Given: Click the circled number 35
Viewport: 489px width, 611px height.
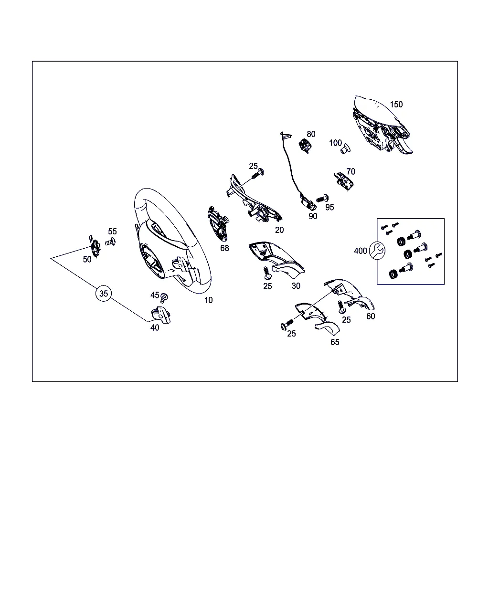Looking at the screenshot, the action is click(x=104, y=293).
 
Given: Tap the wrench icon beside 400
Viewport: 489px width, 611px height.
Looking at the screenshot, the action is click(x=377, y=251).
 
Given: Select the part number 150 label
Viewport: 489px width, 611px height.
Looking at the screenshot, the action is click(x=396, y=105).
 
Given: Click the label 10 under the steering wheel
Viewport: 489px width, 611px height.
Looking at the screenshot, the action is click(x=208, y=300).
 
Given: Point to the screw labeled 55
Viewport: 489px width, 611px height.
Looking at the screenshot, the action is click(x=110, y=242).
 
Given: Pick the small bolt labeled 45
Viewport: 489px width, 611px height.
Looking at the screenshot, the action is click(x=164, y=298).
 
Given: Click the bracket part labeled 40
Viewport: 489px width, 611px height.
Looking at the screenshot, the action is click(x=161, y=315).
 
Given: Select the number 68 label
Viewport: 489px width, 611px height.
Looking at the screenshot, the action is click(x=224, y=248).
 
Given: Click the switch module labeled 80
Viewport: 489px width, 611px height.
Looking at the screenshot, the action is click(x=306, y=146).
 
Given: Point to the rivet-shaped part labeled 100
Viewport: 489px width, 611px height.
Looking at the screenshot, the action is click(x=346, y=148).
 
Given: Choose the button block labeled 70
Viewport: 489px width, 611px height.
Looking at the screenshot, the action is click(x=343, y=181).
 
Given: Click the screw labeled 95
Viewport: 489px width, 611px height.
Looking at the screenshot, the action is click(x=322, y=198).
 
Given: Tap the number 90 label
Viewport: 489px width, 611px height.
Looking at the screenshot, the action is click(x=313, y=216).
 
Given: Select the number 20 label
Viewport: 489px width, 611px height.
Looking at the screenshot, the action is click(x=279, y=230).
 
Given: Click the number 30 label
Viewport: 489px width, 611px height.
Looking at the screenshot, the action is click(x=296, y=286).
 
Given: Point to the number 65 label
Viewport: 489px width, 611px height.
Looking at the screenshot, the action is click(x=335, y=342).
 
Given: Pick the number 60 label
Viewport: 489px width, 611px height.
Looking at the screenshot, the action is click(x=371, y=316).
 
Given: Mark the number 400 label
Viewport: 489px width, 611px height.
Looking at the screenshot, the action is click(x=360, y=251).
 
